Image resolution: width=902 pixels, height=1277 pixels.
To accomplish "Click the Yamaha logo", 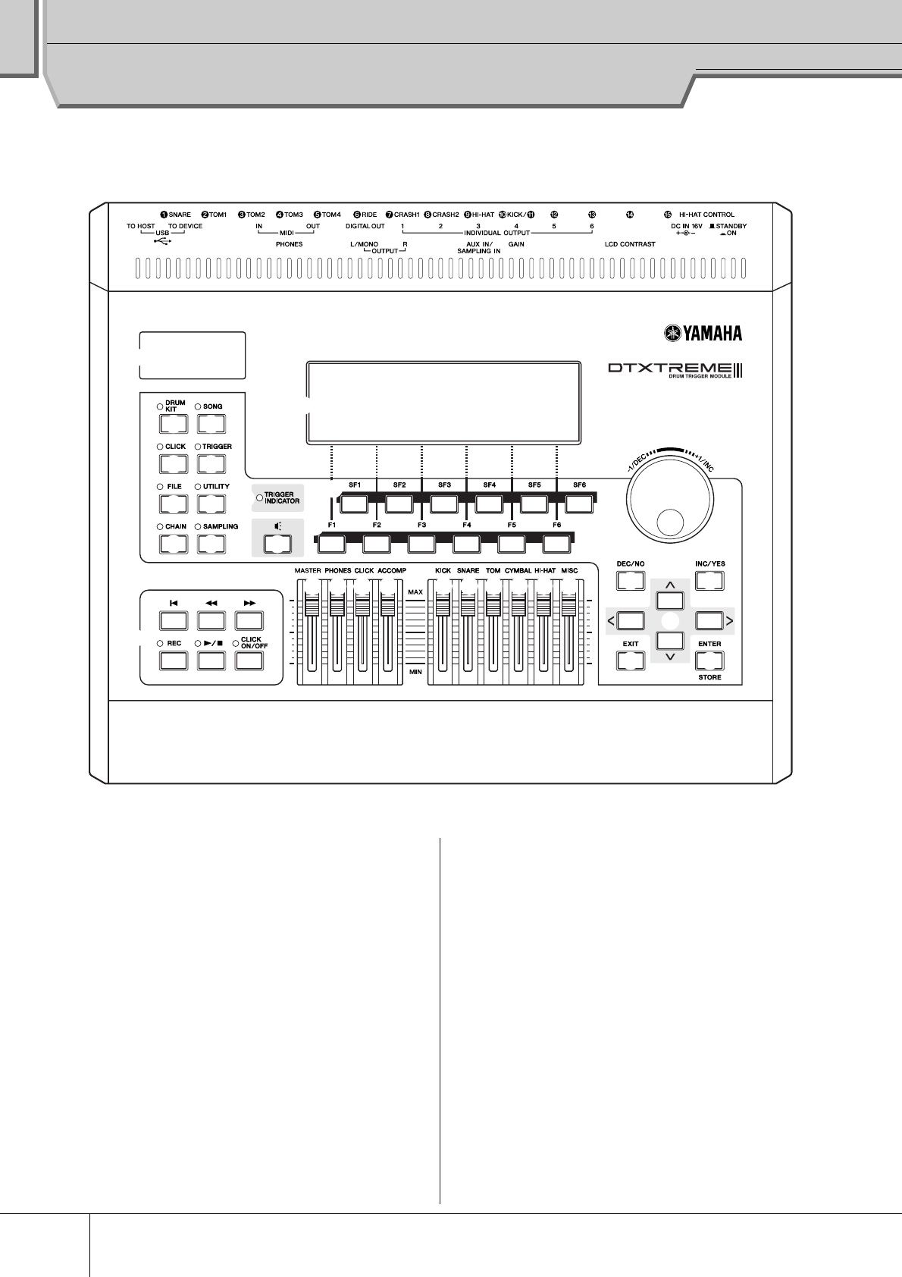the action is tap(702, 333).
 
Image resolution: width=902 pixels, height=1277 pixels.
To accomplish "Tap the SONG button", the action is tap(211, 423).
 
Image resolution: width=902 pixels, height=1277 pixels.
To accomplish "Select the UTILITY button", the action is tap(211, 504).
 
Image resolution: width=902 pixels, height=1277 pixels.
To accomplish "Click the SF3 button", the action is tap(444, 504).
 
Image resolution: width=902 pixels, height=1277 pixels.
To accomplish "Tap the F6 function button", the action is tap(556, 544).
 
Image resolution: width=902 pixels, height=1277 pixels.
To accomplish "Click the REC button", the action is tap(174, 660).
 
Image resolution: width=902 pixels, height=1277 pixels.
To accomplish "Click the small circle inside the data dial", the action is tap(669, 522).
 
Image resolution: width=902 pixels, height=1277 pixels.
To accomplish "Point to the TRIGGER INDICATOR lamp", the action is tap(259, 498).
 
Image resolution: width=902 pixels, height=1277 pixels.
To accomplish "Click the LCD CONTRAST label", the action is tap(629, 245).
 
